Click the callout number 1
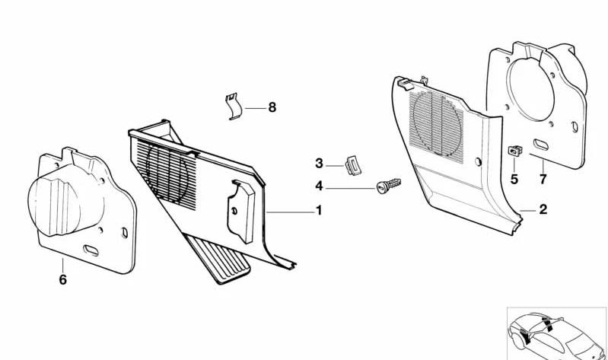click(319, 211)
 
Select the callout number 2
click(543, 209)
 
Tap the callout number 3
click(319, 164)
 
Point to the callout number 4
click(319, 186)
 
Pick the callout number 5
click(514, 179)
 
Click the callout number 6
click(63, 279)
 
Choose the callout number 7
click(543, 179)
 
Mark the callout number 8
click(272, 107)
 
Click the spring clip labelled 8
click(234, 107)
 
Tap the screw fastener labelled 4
click(389, 186)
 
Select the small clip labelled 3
click(353, 166)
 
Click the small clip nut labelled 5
click(515, 151)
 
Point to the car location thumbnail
click(556, 333)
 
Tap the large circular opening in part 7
click(530, 89)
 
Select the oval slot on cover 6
click(91, 250)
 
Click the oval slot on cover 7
click(540, 145)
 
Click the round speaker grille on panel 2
click(437, 122)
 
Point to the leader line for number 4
click(351, 189)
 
